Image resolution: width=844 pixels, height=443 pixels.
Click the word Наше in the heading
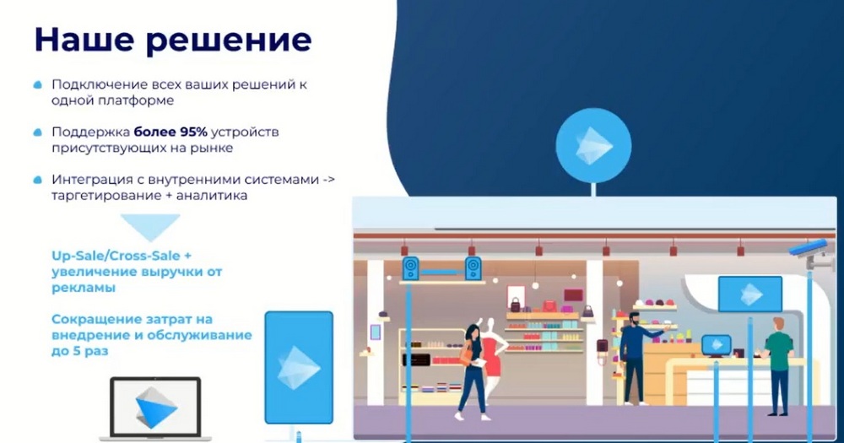pyautogui.click(x=84, y=40)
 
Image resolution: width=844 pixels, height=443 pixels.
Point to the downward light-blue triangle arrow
pyautogui.click(x=150, y=226)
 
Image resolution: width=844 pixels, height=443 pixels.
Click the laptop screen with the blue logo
pyautogui.click(x=155, y=408)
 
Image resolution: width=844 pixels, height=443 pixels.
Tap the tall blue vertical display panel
pyautogui.click(x=299, y=368)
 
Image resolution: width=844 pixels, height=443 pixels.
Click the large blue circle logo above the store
pyautogui.click(x=593, y=145)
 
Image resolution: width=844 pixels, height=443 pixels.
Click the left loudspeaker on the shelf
pyautogui.click(x=411, y=268)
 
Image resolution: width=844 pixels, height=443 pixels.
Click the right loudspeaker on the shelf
pyautogui.click(x=473, y=268)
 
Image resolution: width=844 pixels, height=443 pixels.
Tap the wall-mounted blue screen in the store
pyautogui.click(x=749, y=294)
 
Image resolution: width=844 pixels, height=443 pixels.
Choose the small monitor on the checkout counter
pyautogui.click(x=717, y=346)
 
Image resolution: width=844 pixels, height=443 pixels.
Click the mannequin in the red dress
pyautogui.click(x=491, y=355)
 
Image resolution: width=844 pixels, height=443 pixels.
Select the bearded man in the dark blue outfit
pyautogui.click(x=636, y=358)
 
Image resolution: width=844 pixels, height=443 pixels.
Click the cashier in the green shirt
pyautogui.click(x=777, y=366)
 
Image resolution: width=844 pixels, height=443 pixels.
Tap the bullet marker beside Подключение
pyautogui.click(x=38, y=84)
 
